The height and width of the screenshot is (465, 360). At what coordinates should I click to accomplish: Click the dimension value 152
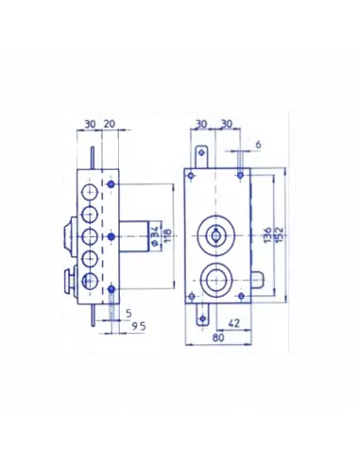click(x=279, y=234)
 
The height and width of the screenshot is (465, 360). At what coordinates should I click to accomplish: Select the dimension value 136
click(x=267, y=234)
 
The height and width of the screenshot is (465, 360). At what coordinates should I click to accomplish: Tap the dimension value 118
click(x=167, y=235)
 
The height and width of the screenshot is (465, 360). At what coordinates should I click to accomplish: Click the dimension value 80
click(x=218, y=337)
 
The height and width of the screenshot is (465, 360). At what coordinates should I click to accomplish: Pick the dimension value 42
click(x=233, y=323)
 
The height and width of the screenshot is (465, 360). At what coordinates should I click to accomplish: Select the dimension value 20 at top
click(x=110, y=124)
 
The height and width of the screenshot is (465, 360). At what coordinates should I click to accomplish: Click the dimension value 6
click(x=258, y=145)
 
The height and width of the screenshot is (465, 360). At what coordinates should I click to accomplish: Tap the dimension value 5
click(x=129, y=314)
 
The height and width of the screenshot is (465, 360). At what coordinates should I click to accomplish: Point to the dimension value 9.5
click(x=139, y=326)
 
